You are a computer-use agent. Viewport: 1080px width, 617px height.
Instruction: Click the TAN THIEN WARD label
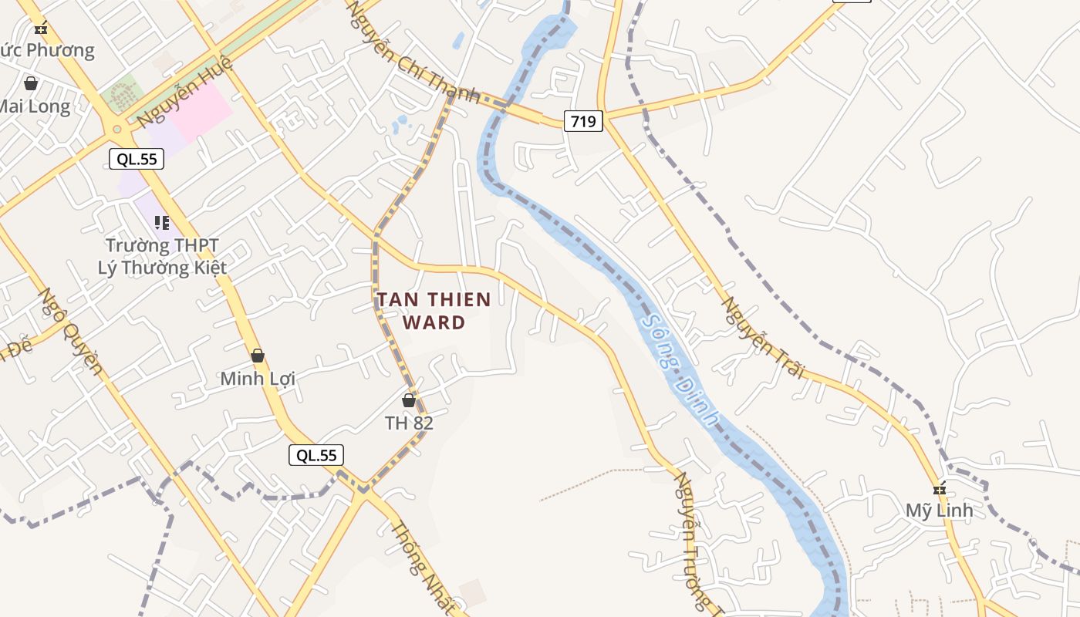(x=433, y=310)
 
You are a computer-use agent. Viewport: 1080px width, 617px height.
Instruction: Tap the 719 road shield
(x=582, y=121)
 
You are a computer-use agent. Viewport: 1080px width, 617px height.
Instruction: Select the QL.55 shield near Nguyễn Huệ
(x=137, y=160)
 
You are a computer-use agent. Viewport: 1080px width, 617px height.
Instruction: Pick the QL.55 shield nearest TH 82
(x=316, y=455)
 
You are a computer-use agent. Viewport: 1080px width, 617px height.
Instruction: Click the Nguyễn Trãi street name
(x=761, y=337)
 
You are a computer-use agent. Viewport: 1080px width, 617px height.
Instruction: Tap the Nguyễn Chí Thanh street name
(x=413, y=53)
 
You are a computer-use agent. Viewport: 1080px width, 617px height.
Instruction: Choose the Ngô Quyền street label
(x=70, y=331)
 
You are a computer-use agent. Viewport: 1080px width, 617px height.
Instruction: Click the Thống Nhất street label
(x=423, y=568)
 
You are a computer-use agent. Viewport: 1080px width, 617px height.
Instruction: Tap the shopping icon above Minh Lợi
(x=258, y=356)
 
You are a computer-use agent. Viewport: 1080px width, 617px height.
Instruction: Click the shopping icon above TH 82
(x=409, y=400)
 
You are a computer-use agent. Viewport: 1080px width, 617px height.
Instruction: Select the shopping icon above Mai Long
(x=31, y=83)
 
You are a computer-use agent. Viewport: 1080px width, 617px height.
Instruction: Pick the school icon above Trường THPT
(x=161, y=223)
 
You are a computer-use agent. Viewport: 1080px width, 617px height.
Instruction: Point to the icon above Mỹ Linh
(x=939, y=488)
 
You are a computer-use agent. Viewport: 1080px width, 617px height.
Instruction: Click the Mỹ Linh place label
(x=939, y=511)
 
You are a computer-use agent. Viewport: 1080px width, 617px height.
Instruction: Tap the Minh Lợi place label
(x=258, y=379)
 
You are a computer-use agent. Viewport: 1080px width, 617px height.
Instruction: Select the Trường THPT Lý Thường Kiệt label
(x=162, y=257)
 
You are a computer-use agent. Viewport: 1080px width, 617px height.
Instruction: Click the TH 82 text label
(x=409, y=423)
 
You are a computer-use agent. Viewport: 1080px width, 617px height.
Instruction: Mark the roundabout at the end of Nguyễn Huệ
(x=117, y=130)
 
